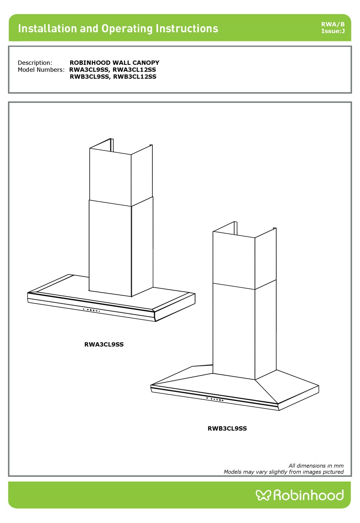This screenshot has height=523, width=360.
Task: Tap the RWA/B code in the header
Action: [333, 24]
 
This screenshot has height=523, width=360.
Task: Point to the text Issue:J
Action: [333, 31]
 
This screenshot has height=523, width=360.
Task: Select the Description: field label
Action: [35, 63]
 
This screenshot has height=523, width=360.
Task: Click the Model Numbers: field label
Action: [41, 70]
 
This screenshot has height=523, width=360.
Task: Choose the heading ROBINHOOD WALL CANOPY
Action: [114, 63]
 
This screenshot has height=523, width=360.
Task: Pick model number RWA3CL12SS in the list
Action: [134, 70]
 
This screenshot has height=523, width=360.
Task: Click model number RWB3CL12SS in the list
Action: [135, 77]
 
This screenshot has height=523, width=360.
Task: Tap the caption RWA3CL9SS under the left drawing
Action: [104, 344]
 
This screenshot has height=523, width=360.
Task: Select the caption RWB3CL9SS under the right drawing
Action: [227, 429]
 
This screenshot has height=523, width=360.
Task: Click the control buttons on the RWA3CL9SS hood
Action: [91, 310]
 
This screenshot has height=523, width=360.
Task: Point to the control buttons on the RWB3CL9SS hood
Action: [215, 399]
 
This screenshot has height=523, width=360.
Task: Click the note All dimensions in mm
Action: [316, 466]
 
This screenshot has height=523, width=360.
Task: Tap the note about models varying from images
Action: [283, 472]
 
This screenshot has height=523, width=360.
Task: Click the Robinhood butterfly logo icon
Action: [263, 495]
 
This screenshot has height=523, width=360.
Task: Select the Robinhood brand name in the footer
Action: [308, 495]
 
